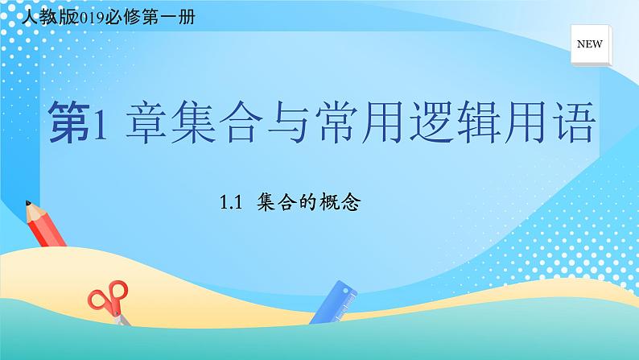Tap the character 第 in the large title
(x=70, y=122)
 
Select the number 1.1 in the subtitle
(x=231, y=205)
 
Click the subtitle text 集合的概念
(x=307, y=204)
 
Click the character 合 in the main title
(x=251, y=122)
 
